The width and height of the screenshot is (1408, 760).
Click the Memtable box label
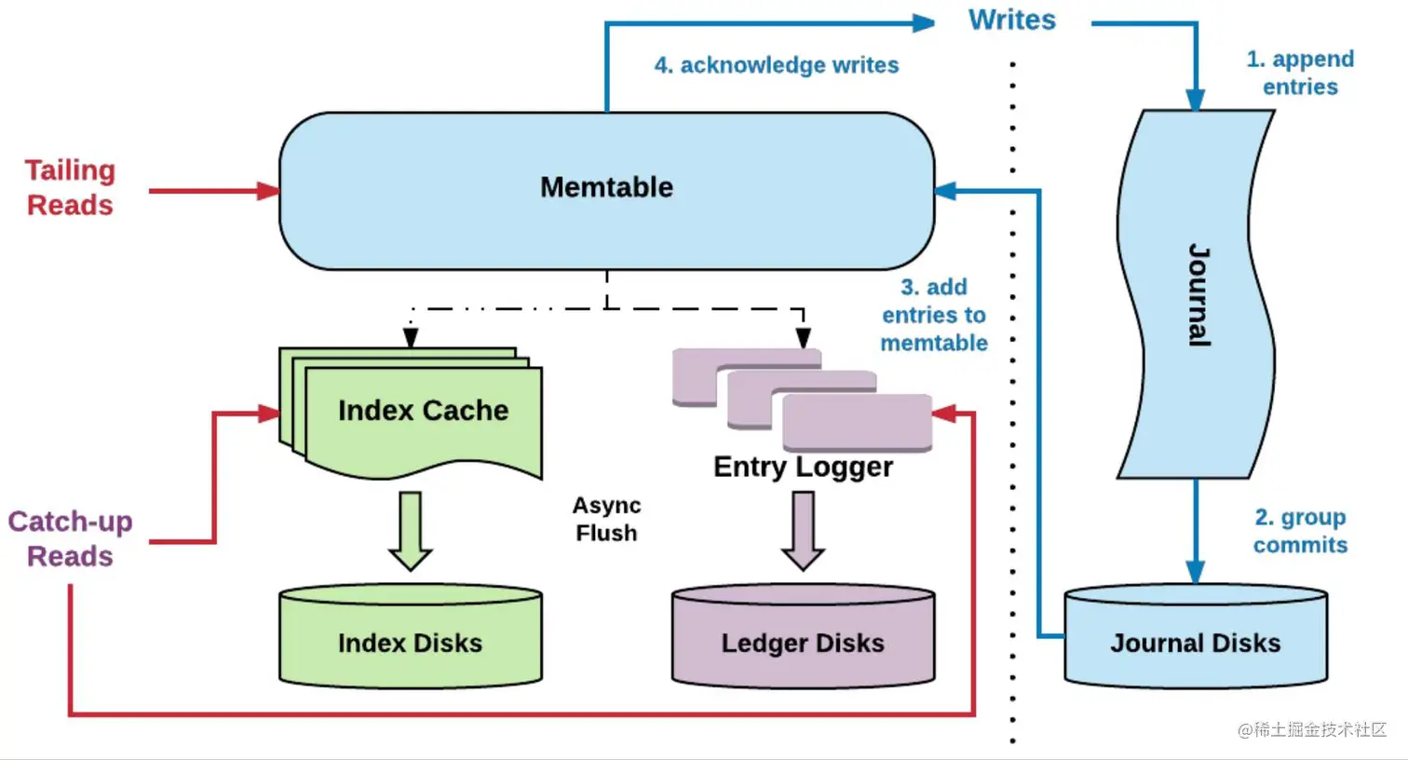(606, 187)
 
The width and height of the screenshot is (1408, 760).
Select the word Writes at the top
(1011, 20)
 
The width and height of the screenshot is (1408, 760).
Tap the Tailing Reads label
(70, 187)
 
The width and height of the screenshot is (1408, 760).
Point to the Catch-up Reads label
(70, 538)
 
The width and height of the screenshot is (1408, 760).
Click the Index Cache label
(423, 411)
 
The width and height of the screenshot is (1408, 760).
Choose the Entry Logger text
(803, 467)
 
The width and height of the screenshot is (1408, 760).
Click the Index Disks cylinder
(410, 638)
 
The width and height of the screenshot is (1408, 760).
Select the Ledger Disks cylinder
(803, 638)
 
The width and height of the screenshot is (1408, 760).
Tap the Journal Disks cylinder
(1195, 638)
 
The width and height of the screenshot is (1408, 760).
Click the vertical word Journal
(1198, 295)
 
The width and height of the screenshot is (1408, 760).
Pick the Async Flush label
(606, 519)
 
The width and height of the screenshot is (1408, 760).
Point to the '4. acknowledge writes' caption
(776, 65)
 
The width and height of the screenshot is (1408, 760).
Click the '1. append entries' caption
(1300, 73)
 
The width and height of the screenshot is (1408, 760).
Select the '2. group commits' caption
(1300, 531)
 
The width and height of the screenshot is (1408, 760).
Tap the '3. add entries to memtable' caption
(934, 315)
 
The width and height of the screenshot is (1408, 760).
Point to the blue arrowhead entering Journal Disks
(1196, 572)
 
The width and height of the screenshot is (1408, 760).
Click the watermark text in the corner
(1312, 729)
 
